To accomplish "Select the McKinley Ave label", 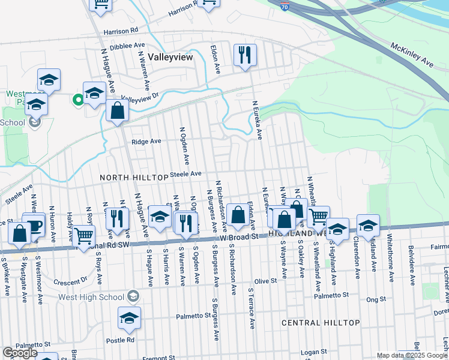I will pyautogui.click(x=411, y=54).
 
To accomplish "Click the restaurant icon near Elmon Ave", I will pyautogui.click(x=245, y=55).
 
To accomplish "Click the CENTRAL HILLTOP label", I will pyautogui.click(x=321, y=323).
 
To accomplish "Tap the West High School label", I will pyautogui.click(x=94, y=296).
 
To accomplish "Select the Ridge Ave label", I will pyautogui.click(x=146, y=142).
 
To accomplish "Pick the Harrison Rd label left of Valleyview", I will pyautogui.click(x=121, y=30).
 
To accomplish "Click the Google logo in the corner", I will pyautogui.click(x=20, y=353).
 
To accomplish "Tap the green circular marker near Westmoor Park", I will pyautogui.click(x=77, y=100).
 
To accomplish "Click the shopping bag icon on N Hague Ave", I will pyautogui.click(x=118, y=110).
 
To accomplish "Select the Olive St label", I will pyautogui.click(x=265, y=281).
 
